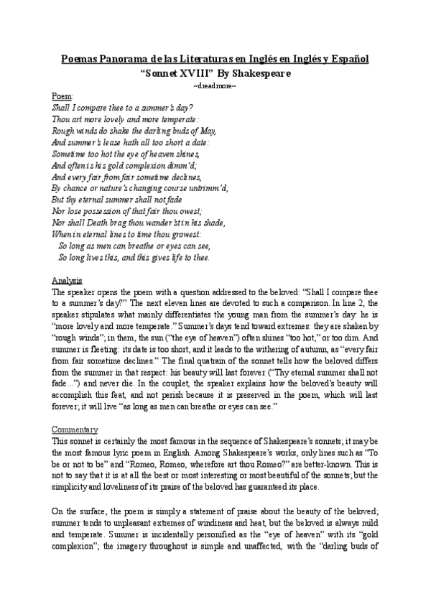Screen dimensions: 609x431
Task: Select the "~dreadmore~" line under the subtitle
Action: (x=215, y=85)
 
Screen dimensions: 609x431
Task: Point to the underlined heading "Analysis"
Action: (x=68, y=279)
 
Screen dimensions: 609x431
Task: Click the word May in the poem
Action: (x=207, y=131)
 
